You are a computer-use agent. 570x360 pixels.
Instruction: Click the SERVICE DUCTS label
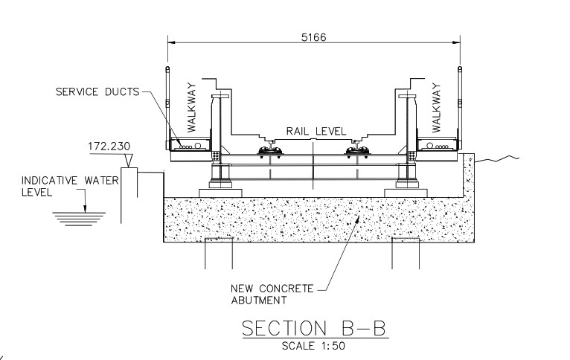97,92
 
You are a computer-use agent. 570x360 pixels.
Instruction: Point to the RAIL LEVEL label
316,132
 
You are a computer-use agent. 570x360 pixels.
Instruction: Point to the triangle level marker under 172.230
129,160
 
